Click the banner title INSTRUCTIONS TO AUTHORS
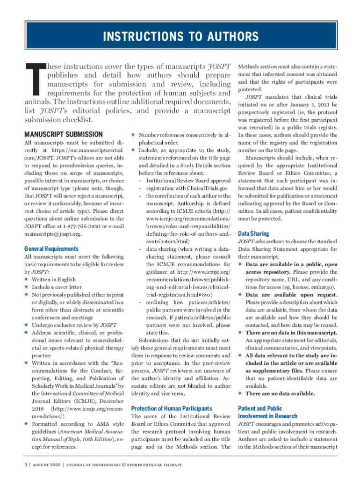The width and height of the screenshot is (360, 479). [180, 36]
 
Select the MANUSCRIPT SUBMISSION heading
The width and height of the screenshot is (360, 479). [63, 134]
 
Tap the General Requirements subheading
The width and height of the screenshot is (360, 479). [51, 249]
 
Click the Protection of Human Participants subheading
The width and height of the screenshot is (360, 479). [172, 408]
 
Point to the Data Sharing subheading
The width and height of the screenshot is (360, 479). [253, 233]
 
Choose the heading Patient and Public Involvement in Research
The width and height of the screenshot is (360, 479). [267, 412]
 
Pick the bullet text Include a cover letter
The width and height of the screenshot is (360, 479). [57, 287]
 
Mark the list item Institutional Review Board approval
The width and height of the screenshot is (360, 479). [188, 180]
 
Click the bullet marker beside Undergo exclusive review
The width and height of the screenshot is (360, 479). [26, 325]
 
